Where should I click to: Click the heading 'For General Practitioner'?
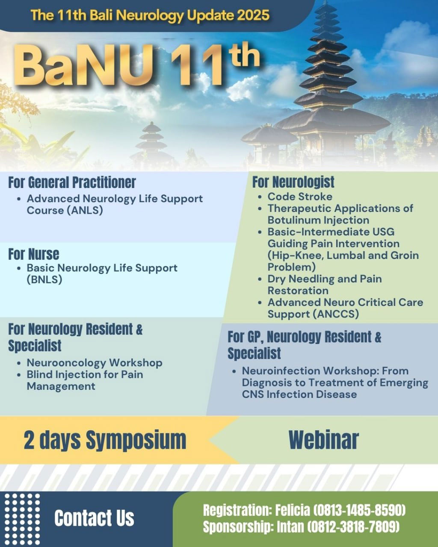point(72,182)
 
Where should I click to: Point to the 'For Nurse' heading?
point(34,254)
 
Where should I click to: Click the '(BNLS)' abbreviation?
point(44,279)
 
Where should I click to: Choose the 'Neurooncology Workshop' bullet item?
point(95,363)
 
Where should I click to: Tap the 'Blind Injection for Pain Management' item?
point(85,380)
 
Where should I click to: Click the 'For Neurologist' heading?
point(293,182)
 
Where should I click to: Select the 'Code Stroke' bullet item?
point(300,197)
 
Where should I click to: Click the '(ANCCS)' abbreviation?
point(336,314)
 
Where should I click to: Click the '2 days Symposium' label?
point(105,440)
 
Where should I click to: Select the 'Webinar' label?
point(324,440)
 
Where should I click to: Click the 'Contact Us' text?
point(94,518)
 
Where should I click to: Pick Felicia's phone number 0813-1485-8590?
point(359,510)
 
